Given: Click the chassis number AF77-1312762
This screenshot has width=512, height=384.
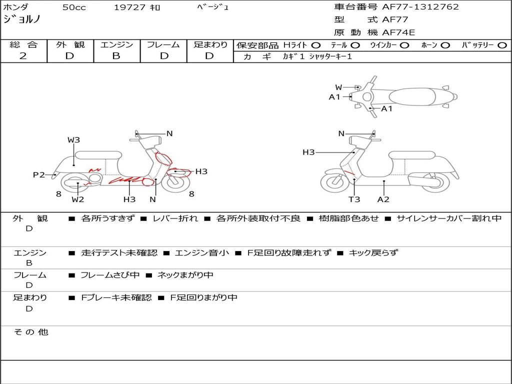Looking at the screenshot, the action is (x=420, y=7).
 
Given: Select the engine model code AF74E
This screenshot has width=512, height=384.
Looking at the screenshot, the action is (x=398, y=32).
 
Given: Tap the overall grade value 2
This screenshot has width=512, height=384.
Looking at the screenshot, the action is (x=23, y=56).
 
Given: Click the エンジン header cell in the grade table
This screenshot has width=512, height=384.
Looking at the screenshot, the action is (x=116, y=44).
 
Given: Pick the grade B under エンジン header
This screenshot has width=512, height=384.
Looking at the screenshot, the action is (x=116, y=56).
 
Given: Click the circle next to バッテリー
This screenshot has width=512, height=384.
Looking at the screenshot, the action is (x=502, y=45).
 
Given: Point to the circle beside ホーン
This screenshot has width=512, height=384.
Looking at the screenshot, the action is (x=445, y=45).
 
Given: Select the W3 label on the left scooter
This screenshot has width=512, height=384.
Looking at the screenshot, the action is (x=74, y=140).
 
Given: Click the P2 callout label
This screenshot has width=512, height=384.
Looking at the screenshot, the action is (x=39, y=175).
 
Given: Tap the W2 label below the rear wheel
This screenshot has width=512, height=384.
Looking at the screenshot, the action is (x=77, y=199).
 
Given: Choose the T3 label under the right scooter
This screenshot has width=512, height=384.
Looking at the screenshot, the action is (x=354, y=199).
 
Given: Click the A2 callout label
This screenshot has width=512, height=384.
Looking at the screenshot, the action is (x=383, y=199).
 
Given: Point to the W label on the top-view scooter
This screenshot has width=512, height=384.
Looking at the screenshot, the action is (x=338, y=87).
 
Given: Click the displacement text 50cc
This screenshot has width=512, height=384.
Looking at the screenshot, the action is (x=74, y=7).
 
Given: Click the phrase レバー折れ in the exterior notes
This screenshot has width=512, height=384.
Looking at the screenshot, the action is (x=175, y=218).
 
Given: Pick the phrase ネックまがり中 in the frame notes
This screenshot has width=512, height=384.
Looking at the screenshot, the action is (x=185, y=275).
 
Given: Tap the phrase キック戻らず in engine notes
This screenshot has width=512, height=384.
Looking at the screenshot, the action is (x=373, y=252).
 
